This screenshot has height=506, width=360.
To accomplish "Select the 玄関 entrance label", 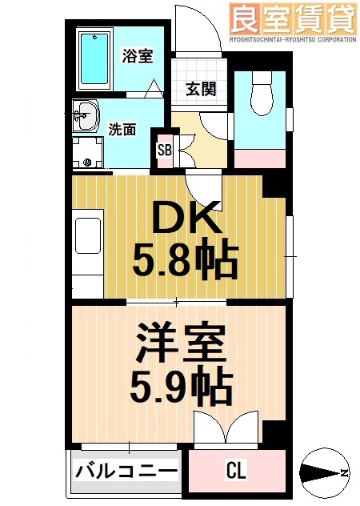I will click(201, 89).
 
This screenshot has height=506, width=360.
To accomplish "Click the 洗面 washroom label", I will click(122, 128).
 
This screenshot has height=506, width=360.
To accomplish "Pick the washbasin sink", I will click(84, 117).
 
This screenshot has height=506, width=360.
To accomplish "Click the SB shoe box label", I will click(164, 150).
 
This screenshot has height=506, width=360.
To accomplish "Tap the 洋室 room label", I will click(181, 347).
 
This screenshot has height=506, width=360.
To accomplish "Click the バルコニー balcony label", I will click(126, 471).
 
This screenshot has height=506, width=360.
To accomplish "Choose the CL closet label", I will click(235, 471).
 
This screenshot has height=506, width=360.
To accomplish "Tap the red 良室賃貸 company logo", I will click(293, 17).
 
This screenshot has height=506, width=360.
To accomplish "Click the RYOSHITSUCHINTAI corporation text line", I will click(293, 38).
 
